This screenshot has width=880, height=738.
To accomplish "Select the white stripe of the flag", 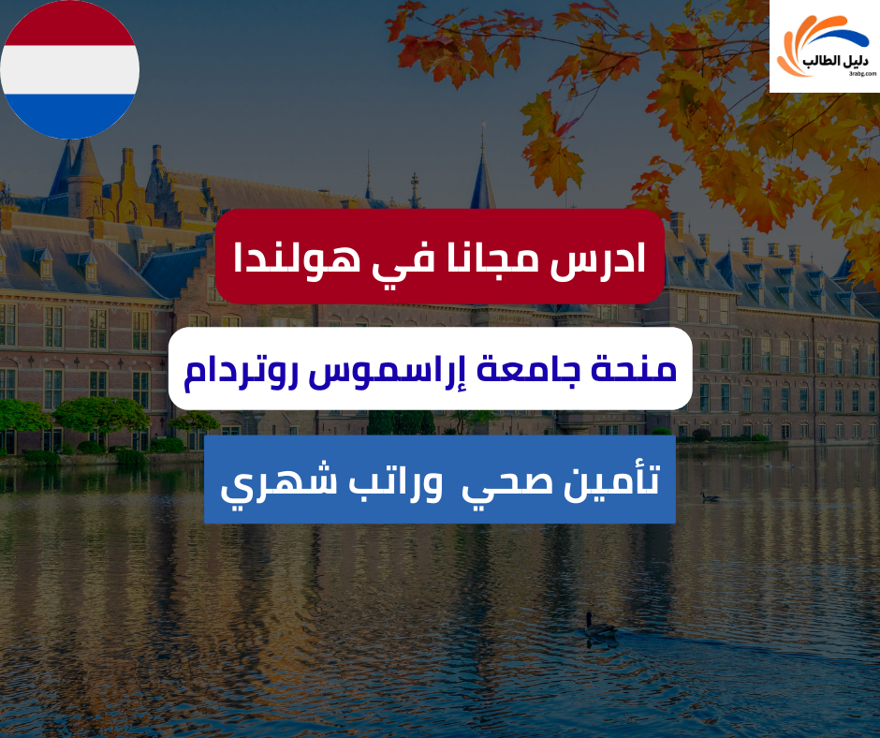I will pyautogui.click(x=69, y=69).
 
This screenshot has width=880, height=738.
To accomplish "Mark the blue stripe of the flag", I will pyautogui.click(x=69, y=112).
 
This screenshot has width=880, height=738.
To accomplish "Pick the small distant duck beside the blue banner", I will pyautogui.click(x=711, y=496).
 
